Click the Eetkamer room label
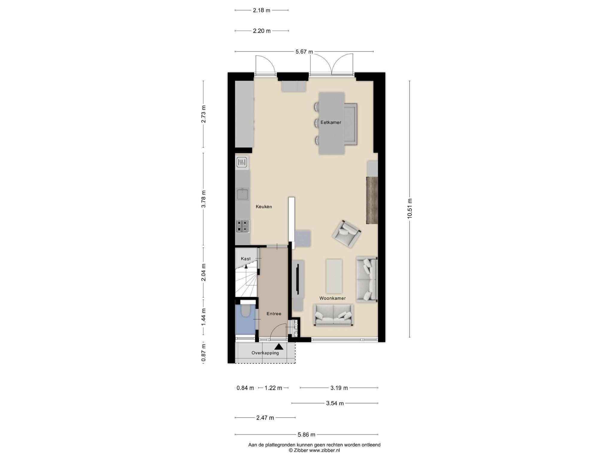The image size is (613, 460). coord(331,122)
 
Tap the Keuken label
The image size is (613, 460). coord(264,207)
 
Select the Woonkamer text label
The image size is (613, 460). coord(333,298)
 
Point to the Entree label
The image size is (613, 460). coord(274,314)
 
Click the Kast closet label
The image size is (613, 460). coord(246,259)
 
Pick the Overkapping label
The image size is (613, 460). coord(265,353)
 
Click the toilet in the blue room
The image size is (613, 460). coord(246,310)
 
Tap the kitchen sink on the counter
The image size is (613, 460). coord(242,194)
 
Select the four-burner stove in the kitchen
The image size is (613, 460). coord(243,226)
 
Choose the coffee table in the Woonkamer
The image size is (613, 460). coord(334,276)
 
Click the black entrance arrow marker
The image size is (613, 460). coord(279,347)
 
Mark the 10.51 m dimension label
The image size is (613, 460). coord(410,209)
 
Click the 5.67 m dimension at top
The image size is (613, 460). coord(304,52)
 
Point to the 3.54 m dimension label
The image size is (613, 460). coord(335,403)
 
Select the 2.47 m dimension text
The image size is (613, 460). coord(265,418)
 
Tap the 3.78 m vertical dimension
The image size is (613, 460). coord(204,199)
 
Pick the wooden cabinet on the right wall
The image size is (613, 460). coord(372,200)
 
